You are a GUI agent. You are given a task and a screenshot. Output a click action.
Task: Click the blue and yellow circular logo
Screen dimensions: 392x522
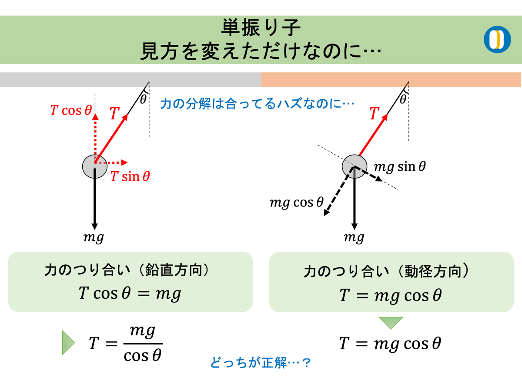pos(497,40)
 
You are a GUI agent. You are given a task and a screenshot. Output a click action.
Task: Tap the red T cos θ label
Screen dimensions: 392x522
pos(71,110)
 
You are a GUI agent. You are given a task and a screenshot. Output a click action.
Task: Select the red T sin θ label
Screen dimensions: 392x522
pos(130,176)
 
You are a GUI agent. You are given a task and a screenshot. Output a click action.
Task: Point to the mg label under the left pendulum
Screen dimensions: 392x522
pos(94,237)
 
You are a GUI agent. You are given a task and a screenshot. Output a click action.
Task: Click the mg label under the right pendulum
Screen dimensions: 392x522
pos(354,237)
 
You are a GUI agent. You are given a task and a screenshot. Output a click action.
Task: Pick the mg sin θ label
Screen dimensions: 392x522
pos(400,166)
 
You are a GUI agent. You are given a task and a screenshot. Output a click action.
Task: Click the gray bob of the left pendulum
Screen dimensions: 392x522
pos(95,166)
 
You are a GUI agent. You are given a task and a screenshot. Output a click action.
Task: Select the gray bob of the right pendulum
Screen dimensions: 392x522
pos(355,166)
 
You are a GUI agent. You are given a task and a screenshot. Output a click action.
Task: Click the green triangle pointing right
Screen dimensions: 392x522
pos(68,342)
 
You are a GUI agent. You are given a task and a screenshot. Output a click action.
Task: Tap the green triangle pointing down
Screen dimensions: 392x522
pos(391,323)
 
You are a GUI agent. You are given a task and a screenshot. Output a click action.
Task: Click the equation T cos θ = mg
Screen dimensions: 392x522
pos(130,294)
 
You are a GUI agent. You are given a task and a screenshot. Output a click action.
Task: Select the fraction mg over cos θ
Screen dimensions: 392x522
pos(143,343)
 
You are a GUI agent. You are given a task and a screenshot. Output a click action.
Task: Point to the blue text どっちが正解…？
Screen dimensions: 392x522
pos(261,362)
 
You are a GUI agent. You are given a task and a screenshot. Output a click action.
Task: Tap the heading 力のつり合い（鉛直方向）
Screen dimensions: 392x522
pos(130,271)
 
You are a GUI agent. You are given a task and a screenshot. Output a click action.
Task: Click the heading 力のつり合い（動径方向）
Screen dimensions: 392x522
pos(391,272)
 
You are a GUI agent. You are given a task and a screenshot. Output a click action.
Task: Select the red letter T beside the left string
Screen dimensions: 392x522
pos(114,114)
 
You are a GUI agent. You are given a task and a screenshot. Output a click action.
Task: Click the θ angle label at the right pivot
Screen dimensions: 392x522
pos(403,100)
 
